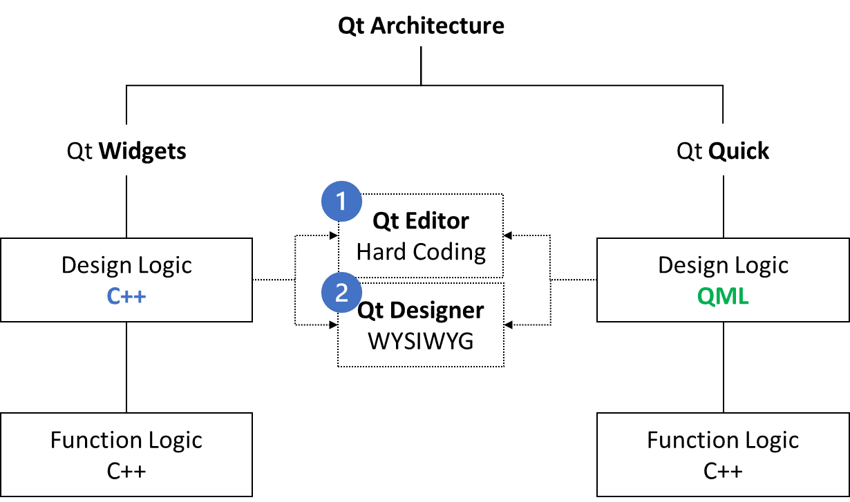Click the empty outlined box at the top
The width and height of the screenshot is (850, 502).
tap(420, 25)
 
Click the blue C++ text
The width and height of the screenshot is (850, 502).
tap(126, 296)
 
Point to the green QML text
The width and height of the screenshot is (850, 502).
tap(723, 296)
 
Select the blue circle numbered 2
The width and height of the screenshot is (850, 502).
tap(341, 293)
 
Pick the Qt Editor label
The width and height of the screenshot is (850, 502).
tap(420, 221)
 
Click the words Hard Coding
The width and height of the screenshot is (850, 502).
tap(420, 251)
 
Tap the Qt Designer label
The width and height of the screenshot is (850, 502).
tap(420, 310)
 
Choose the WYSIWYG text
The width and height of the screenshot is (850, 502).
tap(420, 340)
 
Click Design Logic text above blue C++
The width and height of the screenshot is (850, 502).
tap(126, 265)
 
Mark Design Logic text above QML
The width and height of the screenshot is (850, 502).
tap(723, 265)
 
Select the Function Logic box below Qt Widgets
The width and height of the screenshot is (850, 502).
tap(126, 454)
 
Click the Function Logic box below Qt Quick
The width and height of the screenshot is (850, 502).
tap(723, 454)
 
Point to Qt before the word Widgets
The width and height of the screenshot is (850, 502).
tap(79, 151)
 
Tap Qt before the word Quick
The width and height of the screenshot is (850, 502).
tap(690, 151)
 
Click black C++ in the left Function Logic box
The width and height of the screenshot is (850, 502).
tap(126, 471)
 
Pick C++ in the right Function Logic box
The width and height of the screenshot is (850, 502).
tap(723, 471)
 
